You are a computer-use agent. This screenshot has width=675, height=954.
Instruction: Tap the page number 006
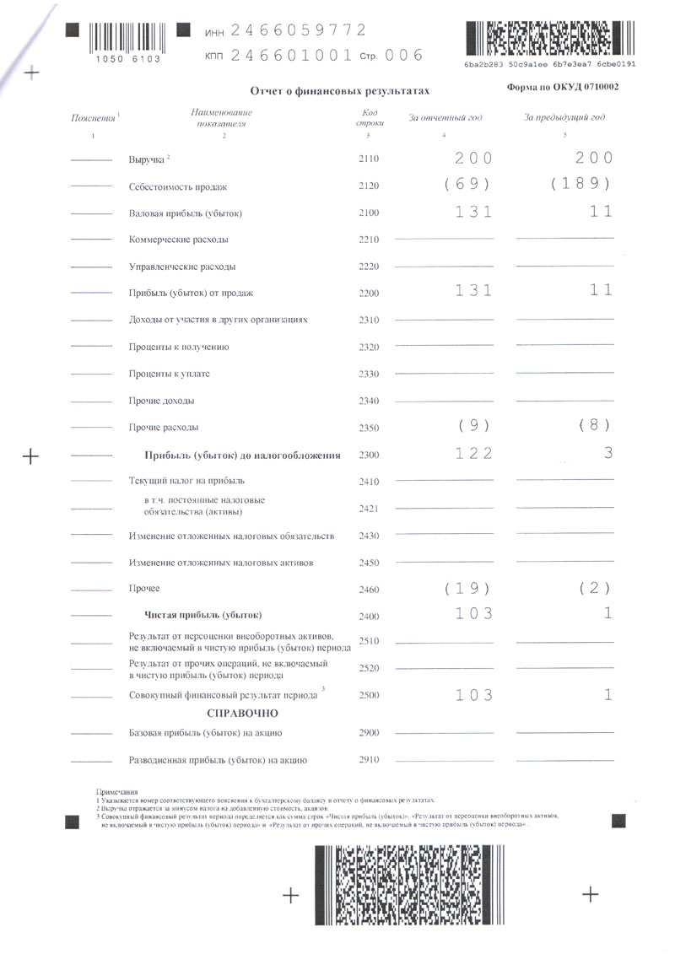[404, 56]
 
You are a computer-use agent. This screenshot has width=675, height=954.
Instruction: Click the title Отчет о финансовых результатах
[340, 90]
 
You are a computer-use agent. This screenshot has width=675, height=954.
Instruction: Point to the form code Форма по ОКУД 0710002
[563, 87]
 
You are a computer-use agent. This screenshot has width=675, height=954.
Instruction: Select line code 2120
[369, 186]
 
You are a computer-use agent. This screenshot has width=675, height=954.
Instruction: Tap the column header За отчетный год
[445, 117]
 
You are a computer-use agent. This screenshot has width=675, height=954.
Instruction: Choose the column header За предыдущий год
[564, 117]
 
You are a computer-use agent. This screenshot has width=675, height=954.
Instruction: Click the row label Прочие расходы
[164, 428]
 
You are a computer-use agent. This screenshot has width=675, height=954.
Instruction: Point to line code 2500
[369, 696]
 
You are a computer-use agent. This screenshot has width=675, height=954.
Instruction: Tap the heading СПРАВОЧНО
[242, 714]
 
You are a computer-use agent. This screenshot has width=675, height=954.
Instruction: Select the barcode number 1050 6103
[123, 60]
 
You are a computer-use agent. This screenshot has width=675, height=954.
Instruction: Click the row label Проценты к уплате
[170, 374]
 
